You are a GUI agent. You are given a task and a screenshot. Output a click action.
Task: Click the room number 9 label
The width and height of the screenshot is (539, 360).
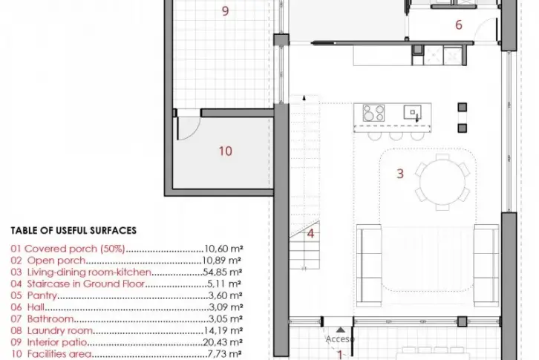coord(225,11)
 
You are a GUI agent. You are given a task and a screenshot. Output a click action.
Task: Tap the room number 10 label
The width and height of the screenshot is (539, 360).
coord(226,151)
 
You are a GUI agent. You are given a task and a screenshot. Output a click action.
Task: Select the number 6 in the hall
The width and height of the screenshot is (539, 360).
coord(459,24)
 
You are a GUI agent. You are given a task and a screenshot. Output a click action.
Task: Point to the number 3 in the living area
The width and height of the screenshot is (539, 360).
coord(400,174)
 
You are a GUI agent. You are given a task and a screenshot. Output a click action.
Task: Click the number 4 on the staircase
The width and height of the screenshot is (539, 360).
coord(310,234)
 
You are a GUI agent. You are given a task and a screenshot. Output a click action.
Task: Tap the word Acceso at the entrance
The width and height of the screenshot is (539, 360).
coord(339,339)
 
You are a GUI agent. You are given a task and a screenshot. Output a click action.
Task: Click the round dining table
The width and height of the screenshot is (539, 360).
coord(442,183)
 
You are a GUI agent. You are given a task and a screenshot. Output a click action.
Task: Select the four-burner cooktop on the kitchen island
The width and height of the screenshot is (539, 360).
coord(373,113)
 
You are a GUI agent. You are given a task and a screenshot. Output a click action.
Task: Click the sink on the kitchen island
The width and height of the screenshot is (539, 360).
coord(413,112)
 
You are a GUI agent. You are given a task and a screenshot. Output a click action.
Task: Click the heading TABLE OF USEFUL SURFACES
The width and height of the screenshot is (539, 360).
coord(73,230)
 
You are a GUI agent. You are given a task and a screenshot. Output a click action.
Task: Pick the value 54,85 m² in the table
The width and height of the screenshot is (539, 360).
coord(223,272)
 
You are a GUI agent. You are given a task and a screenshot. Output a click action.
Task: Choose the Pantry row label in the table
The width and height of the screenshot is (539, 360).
coord(42,295)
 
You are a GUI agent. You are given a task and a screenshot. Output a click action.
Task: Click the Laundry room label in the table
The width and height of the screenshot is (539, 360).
coord(60,330)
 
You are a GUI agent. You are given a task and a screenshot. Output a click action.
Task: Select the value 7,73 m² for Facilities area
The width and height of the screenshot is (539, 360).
coord(225,354)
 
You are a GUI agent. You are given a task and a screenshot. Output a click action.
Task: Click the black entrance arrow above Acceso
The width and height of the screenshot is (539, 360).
coord(340,330)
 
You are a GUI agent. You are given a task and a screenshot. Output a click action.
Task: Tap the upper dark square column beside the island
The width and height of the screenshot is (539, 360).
coord(463,108)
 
